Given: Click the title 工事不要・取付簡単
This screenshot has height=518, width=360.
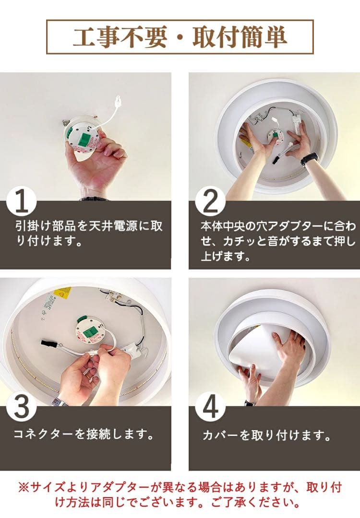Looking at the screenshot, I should click(180, 37).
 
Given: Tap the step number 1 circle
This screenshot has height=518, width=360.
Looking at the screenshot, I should click(22, 203).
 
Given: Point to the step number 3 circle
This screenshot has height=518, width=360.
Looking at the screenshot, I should click(22, 408).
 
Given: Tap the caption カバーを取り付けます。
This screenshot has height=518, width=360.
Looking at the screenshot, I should click(266, 436).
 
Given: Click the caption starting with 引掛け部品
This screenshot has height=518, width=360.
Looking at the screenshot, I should click(89, 233).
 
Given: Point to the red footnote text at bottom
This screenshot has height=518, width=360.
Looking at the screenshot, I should click(180, 495).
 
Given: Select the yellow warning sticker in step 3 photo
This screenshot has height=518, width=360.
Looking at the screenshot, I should click(62, 293).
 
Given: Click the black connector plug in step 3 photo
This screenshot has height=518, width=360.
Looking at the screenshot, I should click(48, 343).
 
